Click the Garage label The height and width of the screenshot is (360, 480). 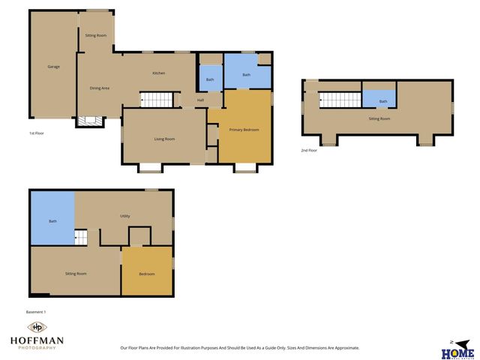tap(54, 67)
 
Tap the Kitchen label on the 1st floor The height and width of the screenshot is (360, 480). tap(159, 73)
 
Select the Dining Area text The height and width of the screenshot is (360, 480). tap(100, 88)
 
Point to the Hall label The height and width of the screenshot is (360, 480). tap(201, 100)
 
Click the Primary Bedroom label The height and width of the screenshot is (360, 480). tap(244, 130)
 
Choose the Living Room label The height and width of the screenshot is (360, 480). tap(165, 139)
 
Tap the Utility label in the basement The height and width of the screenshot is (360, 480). tap(125, 216)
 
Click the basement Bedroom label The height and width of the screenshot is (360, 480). tap(147, 274)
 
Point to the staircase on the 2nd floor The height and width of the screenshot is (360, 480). tap(340, 100)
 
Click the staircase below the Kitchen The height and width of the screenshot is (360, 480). tap(157, 100)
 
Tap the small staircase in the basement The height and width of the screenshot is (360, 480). tap(81, 238)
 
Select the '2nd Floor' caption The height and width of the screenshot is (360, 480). tap(308, 150)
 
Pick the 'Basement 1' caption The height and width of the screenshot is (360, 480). tap(36, 311)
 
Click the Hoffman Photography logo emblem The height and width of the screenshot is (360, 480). tap(36, 328)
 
